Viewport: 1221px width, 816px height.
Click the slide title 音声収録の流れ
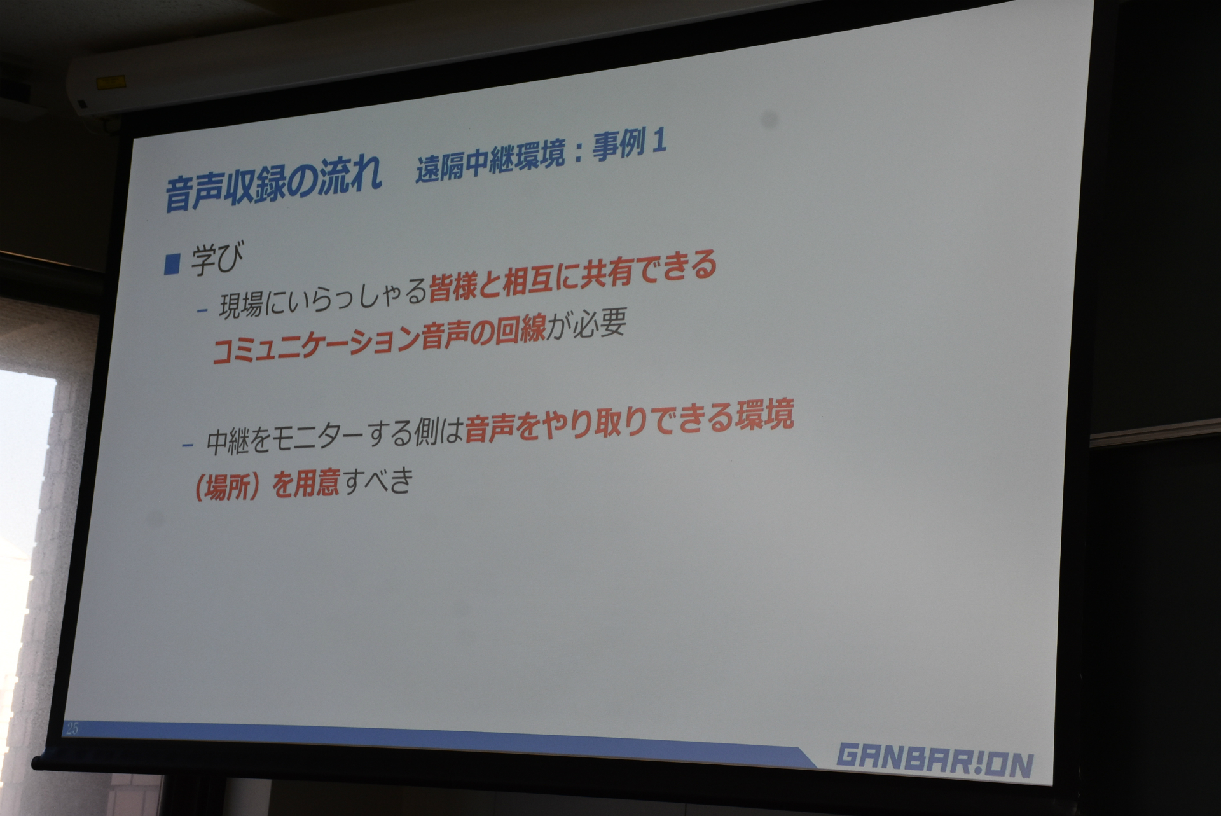coord(273,184)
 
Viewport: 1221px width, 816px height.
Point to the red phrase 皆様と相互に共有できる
coord(573,280)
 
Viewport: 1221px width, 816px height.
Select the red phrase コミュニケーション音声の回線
coord(379,341)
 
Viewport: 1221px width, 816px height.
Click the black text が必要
coord(587,326)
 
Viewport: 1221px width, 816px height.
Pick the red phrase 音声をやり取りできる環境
coord(630,420)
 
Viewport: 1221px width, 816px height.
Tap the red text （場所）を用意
coord(266,485)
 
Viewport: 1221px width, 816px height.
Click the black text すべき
coord(378,481)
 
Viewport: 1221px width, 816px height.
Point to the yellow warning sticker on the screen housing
coord(111,81)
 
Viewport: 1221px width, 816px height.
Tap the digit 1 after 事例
coord(659,142)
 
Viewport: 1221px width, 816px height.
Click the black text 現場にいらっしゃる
coord(323,299)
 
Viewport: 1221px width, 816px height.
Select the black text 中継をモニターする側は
coord(335,437)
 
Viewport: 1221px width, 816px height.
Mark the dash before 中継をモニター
coord(187,445)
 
